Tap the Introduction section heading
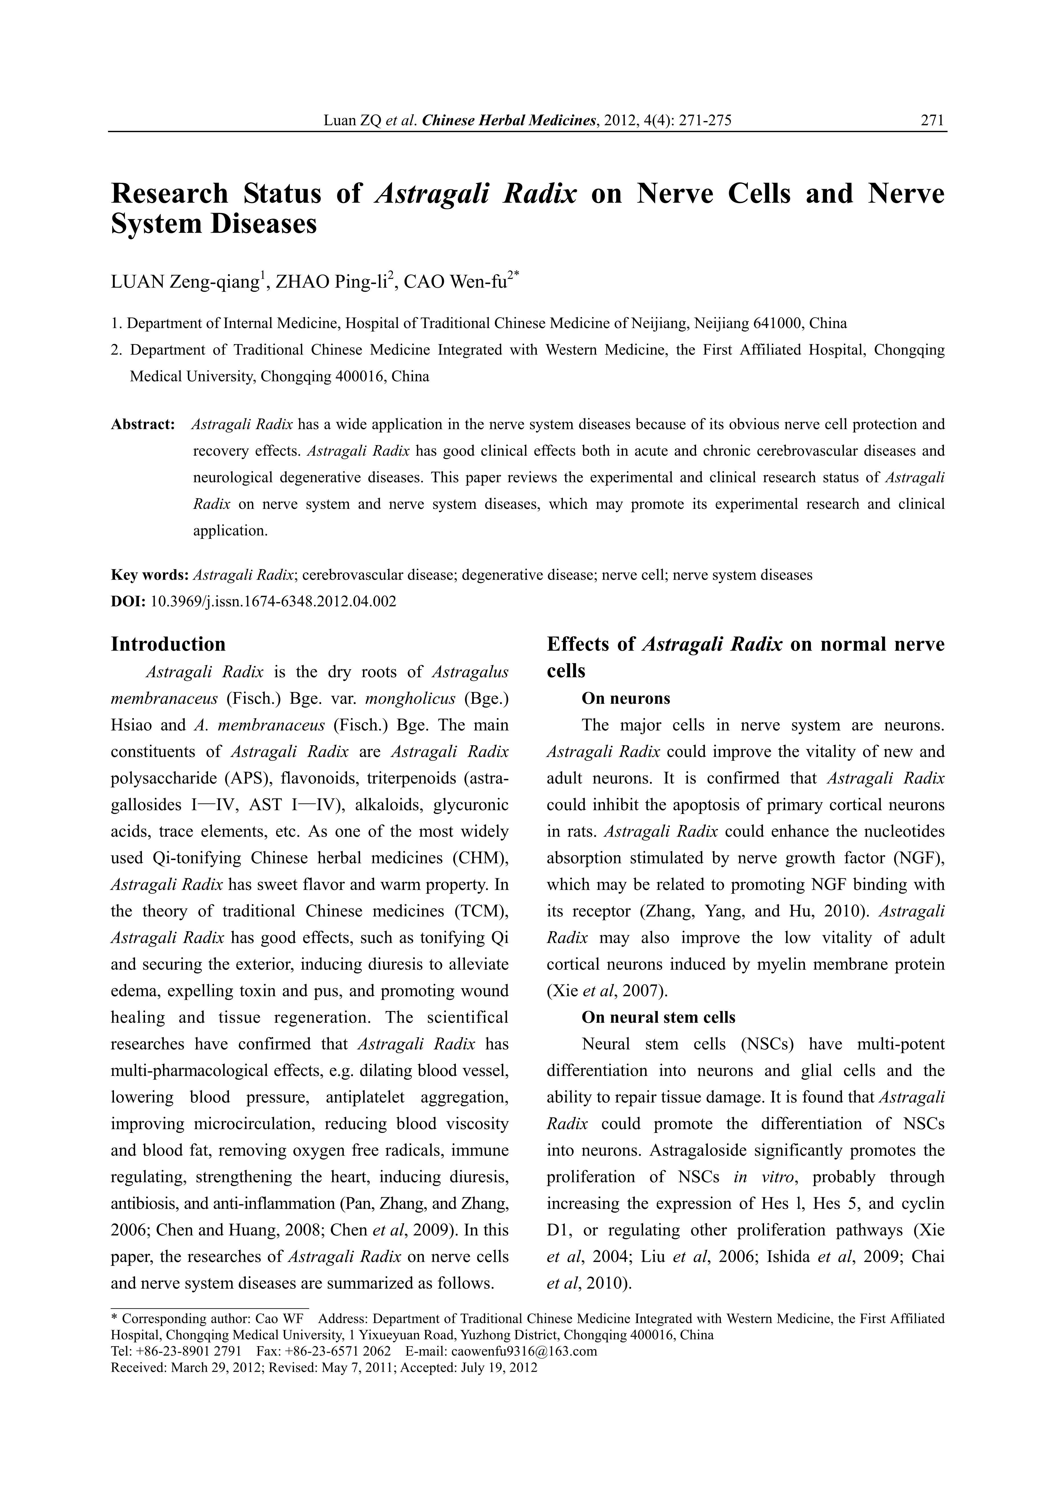pyautogui.click(x=168, y=644)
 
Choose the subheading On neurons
pyautogui.click(x=625, y=699)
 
